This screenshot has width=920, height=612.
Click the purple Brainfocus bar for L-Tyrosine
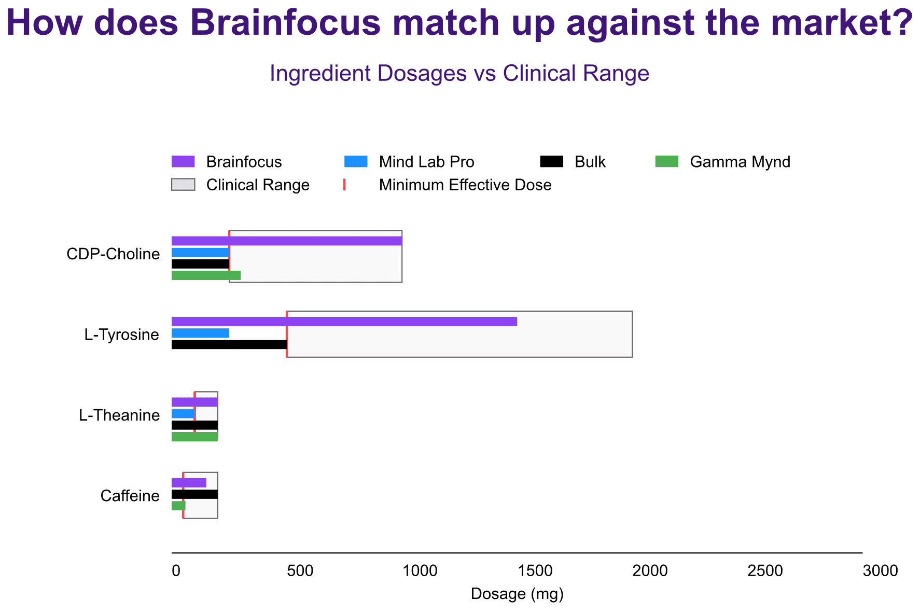click(x=344, y=322)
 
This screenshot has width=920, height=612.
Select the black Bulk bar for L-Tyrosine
click(x=229, y=344)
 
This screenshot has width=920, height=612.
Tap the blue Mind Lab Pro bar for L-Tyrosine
click(x=200, y=333)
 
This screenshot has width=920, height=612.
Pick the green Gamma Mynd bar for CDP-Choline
click(x=206, y=275)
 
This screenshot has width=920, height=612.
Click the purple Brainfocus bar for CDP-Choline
click(x=287, y=241)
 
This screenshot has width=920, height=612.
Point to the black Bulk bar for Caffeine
click(x=194, y=494)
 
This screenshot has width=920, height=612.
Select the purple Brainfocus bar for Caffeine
click(x=189, y=483)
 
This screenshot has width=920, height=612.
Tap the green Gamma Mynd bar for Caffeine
click(x=178, y=506)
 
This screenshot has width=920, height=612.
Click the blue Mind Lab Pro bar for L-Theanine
click(x=183, y=414)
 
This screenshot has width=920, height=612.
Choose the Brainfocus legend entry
click(x=227, y=162)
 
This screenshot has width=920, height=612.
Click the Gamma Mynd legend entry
click(x=723, y=162)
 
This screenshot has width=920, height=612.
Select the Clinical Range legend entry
click(x=241, y=185)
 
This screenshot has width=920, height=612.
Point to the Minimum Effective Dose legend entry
click(x=448, y=185)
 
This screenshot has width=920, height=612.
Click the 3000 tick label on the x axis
click(x=881, y=571)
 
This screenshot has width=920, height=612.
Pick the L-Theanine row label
click(x=119, y=415)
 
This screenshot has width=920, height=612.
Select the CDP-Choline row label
click(x=113, y=254)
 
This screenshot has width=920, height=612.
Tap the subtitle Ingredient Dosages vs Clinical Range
click(x=459, y=74)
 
